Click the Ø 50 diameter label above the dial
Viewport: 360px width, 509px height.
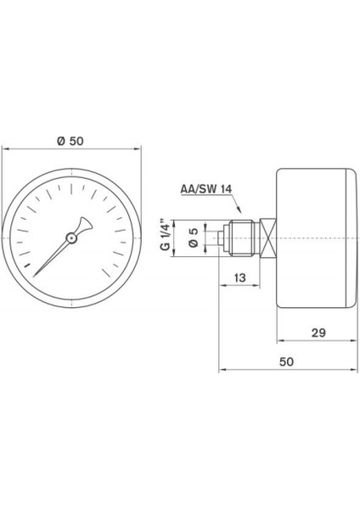click(71, 140)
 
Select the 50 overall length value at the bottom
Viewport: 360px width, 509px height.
click(285, 361)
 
